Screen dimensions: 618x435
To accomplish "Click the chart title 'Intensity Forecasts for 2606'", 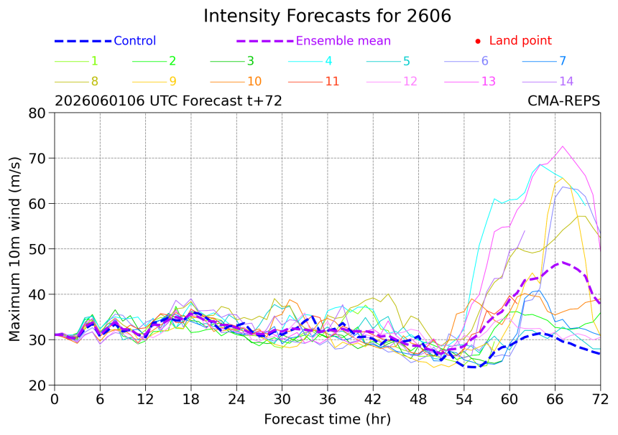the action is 327,16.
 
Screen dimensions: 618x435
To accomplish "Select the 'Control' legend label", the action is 135,40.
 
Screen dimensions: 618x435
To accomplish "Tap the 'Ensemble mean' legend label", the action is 343,40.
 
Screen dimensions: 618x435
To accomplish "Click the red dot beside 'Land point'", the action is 478,41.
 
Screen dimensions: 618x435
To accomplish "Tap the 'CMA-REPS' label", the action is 563,100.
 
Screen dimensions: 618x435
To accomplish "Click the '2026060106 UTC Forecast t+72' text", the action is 168,100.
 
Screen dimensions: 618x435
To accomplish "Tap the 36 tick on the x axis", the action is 328,399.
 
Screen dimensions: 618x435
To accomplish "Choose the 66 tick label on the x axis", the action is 555,399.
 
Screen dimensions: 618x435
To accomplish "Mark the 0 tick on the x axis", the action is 55,399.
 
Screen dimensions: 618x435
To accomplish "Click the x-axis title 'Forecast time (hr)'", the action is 327,419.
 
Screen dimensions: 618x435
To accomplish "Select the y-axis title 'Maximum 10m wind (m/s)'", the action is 14,249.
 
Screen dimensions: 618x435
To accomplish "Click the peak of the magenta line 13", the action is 563,146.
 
